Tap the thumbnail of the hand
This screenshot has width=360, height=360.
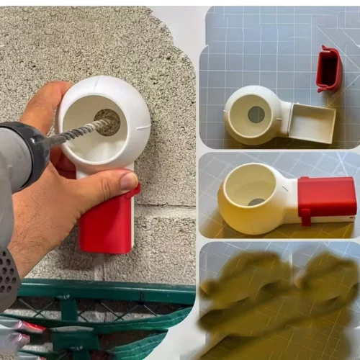tap(130, 182)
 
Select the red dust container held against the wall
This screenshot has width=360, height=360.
tap(107, 223)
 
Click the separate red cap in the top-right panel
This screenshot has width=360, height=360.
tap(328, 69)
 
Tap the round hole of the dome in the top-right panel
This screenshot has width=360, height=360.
tap(256, 114)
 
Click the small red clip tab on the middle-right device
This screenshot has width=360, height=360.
tap(305, 215)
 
